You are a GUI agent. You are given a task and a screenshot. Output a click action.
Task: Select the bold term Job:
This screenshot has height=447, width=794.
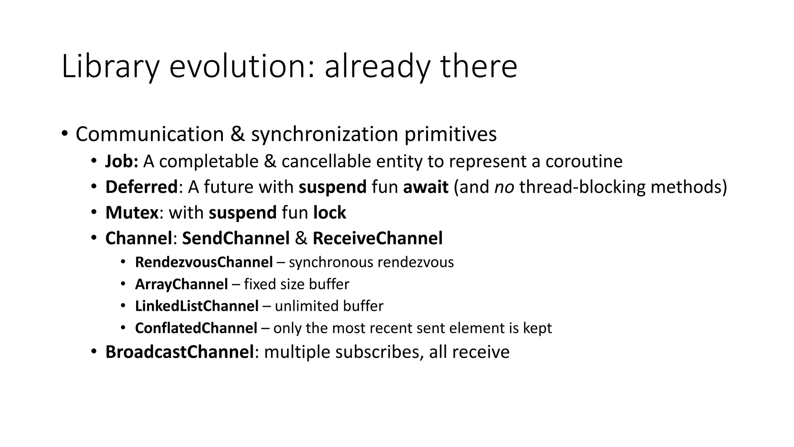(x=121, y=161)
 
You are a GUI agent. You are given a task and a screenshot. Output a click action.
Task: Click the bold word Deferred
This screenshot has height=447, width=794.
(x=141, y=187)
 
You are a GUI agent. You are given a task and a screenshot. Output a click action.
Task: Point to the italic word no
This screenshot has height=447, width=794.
(x=504, y=187)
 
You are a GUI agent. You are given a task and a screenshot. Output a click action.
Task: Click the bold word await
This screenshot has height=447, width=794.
(x=426, y=187)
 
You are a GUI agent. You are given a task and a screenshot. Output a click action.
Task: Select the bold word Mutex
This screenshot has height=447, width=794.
(x=132, y=213)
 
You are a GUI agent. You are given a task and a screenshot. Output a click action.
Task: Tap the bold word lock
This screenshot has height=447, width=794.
(x=330, y=213)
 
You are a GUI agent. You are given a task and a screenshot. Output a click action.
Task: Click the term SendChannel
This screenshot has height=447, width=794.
(x=236, y=238)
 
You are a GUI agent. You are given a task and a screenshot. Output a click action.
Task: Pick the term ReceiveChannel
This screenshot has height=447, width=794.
(x=377, y=238)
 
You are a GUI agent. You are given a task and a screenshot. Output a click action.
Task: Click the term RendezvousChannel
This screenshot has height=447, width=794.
(x=204, y=262)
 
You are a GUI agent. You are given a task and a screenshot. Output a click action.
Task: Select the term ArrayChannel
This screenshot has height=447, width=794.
(x=181, y=284)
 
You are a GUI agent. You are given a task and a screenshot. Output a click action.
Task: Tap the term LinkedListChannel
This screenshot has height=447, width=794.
(x=197, y=306)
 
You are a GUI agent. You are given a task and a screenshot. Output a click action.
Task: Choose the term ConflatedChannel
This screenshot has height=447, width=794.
(x=196, y=328)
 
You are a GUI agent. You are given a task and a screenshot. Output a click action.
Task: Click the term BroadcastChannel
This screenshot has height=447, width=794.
(x=180, y=352)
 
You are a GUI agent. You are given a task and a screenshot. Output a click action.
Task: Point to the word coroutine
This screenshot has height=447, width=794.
(x=583, y=161)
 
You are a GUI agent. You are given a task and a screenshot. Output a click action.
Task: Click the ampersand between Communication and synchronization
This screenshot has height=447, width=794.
(x=237, y=134)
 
